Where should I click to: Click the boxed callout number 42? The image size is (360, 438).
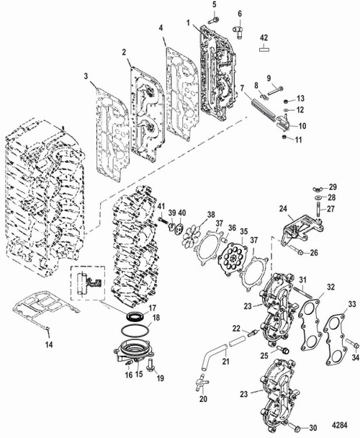pos(264,37)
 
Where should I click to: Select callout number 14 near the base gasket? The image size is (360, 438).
pos(48,345)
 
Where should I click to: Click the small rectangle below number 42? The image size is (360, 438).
pos(264,50)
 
